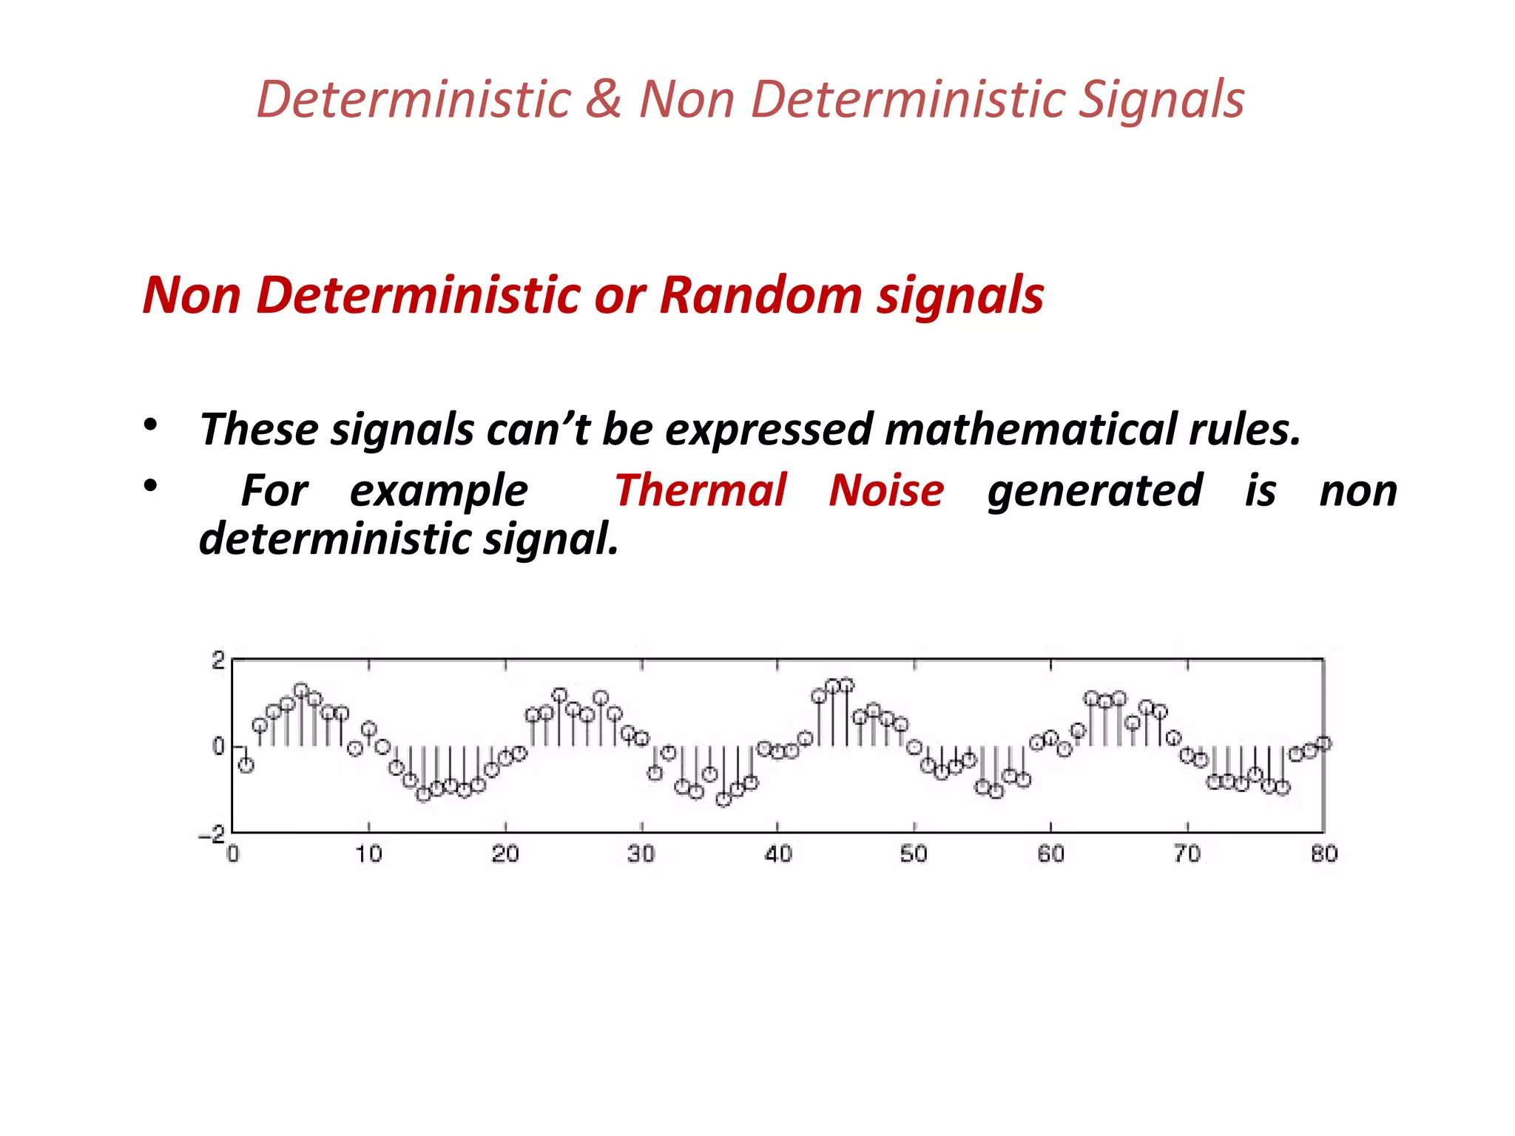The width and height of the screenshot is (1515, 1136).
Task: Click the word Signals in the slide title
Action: click(1161, 99)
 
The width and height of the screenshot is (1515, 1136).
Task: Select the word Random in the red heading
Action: click(760, 294)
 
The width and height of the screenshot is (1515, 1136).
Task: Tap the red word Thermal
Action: click(701, 490)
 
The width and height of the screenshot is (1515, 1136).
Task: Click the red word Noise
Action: click(886, 490)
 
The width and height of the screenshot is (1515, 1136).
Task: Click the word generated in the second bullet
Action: click(1095, 492)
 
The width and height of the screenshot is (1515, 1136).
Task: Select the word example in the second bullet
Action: click(439, 492)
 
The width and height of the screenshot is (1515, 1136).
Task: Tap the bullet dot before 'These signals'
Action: click(151, 425)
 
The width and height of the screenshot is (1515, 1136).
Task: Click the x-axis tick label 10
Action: click(368, 854)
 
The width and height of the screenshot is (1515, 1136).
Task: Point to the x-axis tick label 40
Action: click(778, 854)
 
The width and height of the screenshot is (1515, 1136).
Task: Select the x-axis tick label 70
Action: click(1187, 854)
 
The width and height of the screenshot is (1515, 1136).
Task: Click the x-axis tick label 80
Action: click(1324, 854)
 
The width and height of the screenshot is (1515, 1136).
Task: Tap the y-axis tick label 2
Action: click(218, 660)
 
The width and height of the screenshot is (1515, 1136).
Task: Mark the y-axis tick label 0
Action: click(218, 746)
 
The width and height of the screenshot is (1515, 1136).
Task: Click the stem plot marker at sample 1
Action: click(246, 765)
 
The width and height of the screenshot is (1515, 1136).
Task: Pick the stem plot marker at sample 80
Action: click(1324, 743)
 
